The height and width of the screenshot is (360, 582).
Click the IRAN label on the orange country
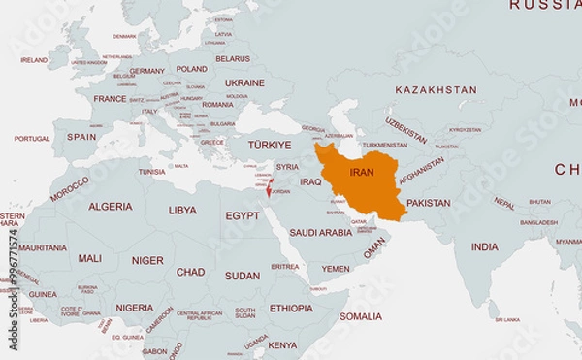click(x=361, y=172)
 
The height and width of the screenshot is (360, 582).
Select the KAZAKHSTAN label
click(x=436, y=90)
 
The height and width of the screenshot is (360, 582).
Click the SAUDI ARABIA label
click(x=320, y=233)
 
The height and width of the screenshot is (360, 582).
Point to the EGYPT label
click(x=242, y=215)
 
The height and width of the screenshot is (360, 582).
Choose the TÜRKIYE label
click(x=269, y=145)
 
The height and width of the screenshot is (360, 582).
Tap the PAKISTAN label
click(x=428, y=204)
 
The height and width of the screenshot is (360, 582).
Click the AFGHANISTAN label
click(x=421, y=174)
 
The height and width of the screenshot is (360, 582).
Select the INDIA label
click(x=484, y=246)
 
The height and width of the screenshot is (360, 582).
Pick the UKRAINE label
click(x=244, y=83)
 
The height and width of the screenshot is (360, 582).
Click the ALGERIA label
click(x=111, y=207)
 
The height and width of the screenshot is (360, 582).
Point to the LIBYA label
click(x=182, y=210)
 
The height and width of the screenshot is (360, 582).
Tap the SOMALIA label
click(x=360, y=316)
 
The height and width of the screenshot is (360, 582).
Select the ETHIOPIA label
click(x=291, y=309)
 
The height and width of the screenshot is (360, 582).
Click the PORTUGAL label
click(x=31, y=139)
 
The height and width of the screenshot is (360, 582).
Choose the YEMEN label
click(x=336, y=269)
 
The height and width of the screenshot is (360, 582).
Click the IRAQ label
click(x=310, y=181)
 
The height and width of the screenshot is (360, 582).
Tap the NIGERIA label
click(x=135, y=308)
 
